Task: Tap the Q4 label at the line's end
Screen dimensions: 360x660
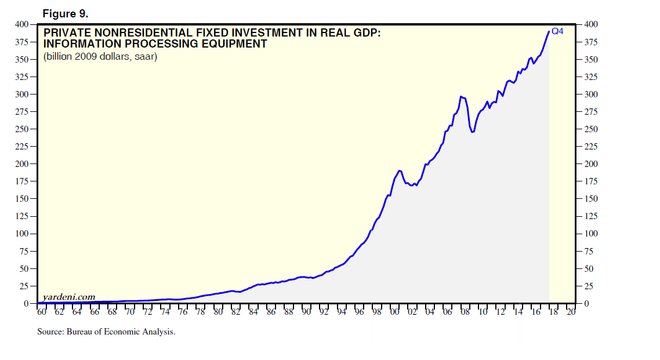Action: (x=557, y=32)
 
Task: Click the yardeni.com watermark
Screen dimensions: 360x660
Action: (x=69, y=297)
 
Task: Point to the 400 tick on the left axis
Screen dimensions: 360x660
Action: (x=21, y=24)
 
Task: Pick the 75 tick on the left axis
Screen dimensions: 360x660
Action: (x=24, y=252)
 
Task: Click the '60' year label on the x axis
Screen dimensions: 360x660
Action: (x=42, y=312)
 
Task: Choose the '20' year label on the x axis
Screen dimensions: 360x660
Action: (x=572, y=312)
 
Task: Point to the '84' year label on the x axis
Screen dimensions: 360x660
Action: (x=253, y=312)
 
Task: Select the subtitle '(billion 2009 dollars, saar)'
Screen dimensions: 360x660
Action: (x=100, y=56)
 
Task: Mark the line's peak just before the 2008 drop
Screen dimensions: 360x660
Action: (x=460, y=96)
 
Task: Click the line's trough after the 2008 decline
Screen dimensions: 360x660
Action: (x=473, y=132)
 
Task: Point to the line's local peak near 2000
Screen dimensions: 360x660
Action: (x=400, y=170)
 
